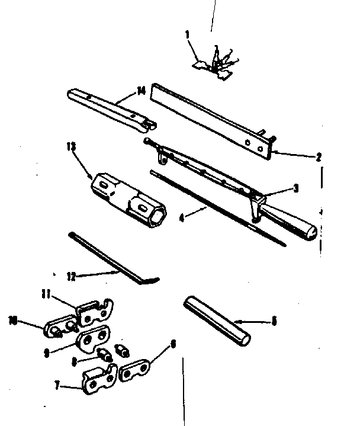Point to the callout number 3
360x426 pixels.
[296, 188]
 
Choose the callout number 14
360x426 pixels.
[140, 89]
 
